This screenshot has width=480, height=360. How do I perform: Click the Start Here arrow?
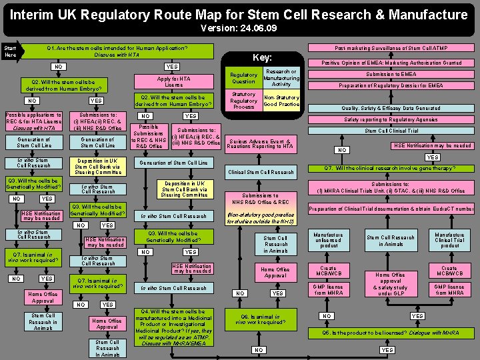coord(12,51)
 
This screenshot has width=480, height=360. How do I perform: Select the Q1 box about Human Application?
coord(117,51)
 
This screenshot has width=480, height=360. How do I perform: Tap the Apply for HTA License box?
coord(173,81)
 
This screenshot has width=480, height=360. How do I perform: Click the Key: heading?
coord(262,58)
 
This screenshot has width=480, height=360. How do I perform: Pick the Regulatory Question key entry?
coord(243,78)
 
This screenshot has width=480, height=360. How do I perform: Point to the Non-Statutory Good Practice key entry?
coord(281,101)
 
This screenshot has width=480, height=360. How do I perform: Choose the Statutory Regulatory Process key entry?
coord(243,101)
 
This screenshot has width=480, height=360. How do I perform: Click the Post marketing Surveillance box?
coord(391,48)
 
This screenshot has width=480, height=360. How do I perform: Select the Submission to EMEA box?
coord(391,74)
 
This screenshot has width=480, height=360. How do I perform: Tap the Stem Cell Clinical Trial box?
coord(391,131)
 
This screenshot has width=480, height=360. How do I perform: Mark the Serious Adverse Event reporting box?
coord(260,143)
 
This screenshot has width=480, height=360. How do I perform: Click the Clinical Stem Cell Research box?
coord(261,172)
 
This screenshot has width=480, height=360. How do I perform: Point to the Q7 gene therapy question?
coord(390,168)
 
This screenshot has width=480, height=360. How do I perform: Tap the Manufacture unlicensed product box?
coord(328,240)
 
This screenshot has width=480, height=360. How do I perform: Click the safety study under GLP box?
coord(391,283)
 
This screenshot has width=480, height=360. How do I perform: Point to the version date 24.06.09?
coord(239,29)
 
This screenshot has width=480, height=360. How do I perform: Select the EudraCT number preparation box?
coord(391,209)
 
